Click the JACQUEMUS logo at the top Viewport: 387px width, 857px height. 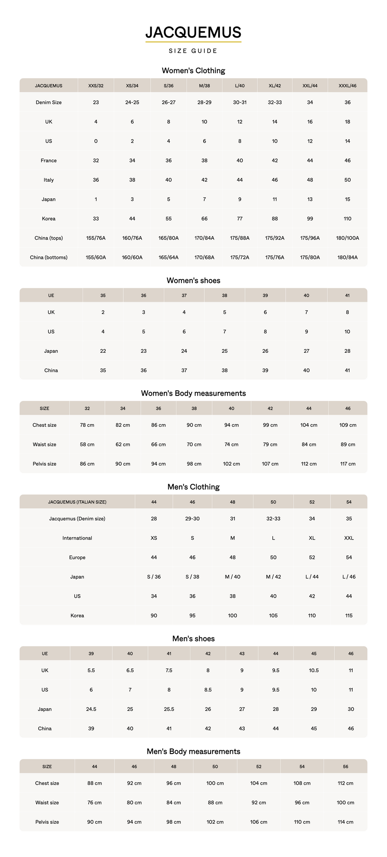[193, 33]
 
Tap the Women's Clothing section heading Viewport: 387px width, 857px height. [193, 71]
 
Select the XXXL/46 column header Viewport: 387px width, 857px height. [347, 86]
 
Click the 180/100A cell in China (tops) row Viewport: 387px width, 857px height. [347, 238]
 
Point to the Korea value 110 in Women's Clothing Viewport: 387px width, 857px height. [347, 219]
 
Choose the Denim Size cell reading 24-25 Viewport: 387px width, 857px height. [132, 102]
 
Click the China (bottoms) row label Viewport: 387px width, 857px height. [48, 257]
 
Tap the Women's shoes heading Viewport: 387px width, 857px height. [193, 280]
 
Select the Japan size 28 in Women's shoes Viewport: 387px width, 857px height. [347, 351]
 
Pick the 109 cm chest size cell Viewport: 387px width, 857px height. [348, 425]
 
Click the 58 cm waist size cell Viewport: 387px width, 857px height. [87, 444]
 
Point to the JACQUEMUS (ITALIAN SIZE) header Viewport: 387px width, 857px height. [77, 502]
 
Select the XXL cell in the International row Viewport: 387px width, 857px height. [349, 538]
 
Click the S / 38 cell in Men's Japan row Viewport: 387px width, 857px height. [192, 577]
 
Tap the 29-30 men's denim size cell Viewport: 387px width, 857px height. [192, 519]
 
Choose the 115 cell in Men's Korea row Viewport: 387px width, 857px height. [349, 616]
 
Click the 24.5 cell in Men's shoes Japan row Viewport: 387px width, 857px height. [91, 709]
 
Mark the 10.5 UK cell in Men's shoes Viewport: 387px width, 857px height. [313, 670]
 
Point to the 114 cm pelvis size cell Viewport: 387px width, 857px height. [345, 822]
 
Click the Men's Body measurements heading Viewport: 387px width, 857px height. [193, 751]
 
